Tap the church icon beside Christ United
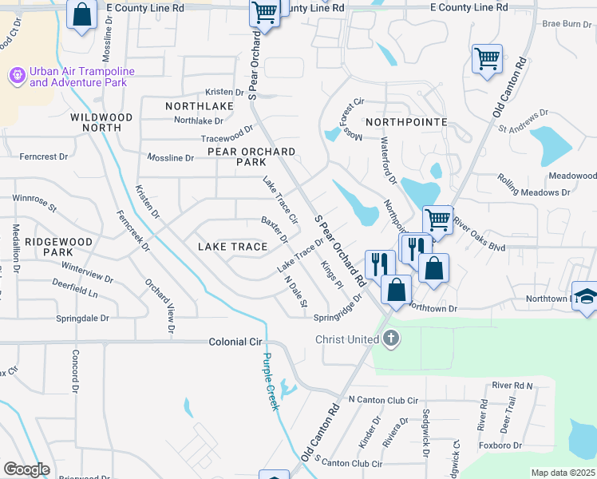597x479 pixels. pos(390,338)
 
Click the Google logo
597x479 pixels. pos(26,469)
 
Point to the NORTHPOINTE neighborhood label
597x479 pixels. pos(406,122)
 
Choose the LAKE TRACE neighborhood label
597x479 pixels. pos(232,247)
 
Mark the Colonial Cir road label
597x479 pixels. pos(235,341)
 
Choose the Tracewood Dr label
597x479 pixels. pos(227,133)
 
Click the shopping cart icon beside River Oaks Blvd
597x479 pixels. pos(437,219)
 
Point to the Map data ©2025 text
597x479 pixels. pos(563,473)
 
